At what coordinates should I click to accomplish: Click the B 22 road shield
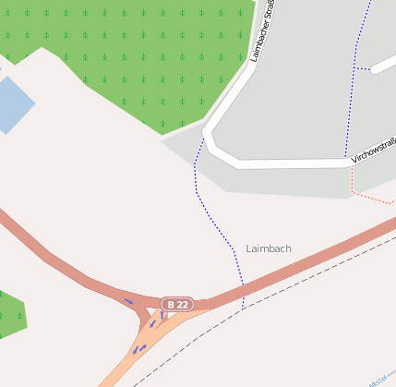(x=177, y=304)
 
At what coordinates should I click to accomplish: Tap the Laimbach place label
(x=269, y=248)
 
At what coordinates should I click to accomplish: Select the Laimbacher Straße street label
(x=262, y=32)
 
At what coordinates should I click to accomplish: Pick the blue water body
(x=11, y=103)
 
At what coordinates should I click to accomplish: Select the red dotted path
(x=374, y=198)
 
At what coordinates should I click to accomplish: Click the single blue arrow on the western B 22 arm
(x=128, y=301)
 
